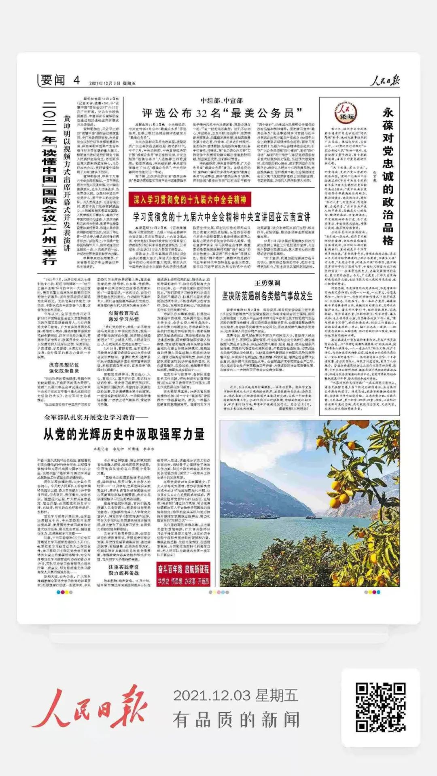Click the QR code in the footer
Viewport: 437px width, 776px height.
click(380, 707)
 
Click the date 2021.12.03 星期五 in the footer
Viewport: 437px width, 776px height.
click(235, 696)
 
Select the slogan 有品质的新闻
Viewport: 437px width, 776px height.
click(236, 720)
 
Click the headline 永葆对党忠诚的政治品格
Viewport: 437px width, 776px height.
click(388, 176)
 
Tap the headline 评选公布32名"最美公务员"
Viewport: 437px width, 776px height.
click(222, 113)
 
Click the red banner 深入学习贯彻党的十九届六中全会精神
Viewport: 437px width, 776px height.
click(190, 199)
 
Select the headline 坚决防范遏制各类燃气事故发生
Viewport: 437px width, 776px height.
click(267, 296)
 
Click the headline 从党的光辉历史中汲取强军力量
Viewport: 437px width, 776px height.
click(124, 434)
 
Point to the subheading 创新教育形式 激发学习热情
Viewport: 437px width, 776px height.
click(123, 316)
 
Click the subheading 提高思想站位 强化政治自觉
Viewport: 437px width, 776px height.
click(64, 368)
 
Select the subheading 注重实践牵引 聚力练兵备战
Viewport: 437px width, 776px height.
click(123, 570)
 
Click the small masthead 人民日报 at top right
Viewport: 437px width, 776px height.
click(385, 80)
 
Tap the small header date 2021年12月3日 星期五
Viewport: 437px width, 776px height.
click(112, 83)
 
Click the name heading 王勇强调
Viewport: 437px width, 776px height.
click(267, 283)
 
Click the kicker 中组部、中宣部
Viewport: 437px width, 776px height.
click(222, 101)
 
